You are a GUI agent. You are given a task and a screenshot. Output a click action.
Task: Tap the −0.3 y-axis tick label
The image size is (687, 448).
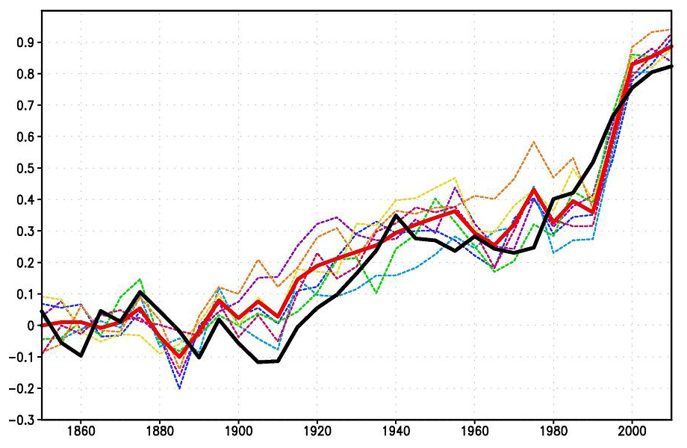click(x=22, y=420)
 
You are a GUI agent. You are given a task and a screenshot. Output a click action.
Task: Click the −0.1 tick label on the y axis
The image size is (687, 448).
click(x=22, y=357)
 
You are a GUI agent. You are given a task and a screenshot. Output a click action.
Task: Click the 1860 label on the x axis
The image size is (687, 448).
click(x=81, y=433)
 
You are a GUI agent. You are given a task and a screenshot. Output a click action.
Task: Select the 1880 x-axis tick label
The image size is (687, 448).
click(x=160, y=433)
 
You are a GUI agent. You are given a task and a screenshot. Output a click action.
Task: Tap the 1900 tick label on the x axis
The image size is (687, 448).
click(x=238, y=433)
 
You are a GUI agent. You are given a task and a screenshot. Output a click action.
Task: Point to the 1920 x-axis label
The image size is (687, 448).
click(x=317, y=433)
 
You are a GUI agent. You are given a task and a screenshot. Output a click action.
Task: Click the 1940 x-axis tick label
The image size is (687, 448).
click(x=396, y=433)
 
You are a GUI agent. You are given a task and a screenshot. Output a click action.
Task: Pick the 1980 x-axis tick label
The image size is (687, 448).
click(x=553, y=433)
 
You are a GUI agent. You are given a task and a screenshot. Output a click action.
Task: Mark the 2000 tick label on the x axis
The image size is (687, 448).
click(x=632, y=433)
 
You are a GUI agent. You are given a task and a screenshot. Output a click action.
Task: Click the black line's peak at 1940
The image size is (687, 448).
click(x=396, y=215)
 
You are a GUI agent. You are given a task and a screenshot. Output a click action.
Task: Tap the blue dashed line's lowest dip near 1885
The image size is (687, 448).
click(x=179, y=388)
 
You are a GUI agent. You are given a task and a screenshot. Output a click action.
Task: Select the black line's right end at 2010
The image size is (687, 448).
click(x=671, y=66)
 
